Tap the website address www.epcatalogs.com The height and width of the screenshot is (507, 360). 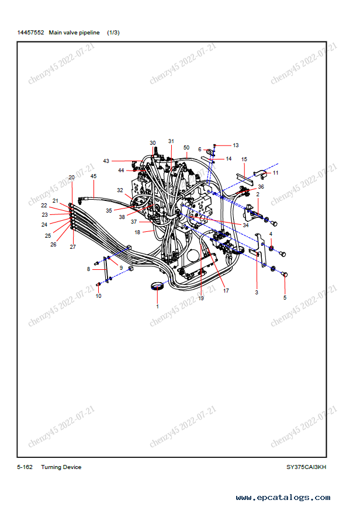[283, 498]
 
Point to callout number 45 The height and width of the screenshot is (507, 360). [94, 175]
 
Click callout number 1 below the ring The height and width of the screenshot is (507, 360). [157, 305]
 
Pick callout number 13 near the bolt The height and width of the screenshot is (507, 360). [236, 145]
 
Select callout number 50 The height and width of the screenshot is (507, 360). [186, 148]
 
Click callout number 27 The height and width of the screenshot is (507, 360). [73, 247]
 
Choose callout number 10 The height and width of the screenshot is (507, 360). [98, 296]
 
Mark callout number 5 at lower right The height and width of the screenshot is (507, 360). [285, 297]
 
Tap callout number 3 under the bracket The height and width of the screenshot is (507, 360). [256, 291]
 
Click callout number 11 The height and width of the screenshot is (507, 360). [275, 173]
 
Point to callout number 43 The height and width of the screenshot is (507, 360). [106, 161]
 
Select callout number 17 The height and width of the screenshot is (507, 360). [226, 290]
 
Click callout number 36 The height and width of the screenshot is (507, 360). [261, 187]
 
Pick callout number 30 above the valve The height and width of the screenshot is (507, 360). [153, 143]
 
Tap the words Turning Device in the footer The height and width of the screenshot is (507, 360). [61, 467]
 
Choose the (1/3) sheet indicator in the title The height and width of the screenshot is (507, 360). [113, 32]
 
